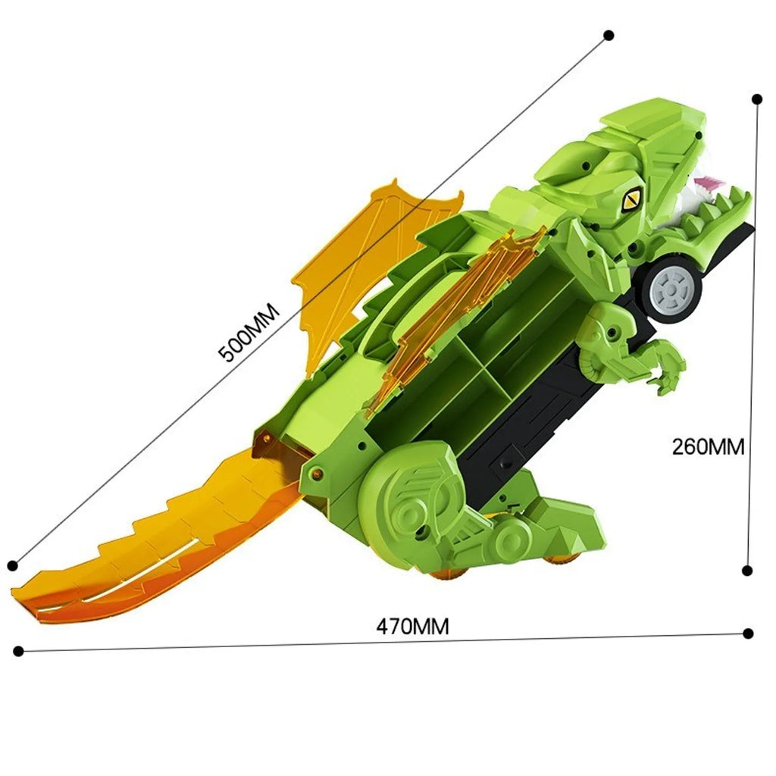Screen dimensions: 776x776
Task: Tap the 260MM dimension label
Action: pyautogui.click(x=709, y=447)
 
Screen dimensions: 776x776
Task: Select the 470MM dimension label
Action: pyautogui.click(x=413, y=627)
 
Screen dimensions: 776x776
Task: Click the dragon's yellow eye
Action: pyautogui.click(x=631, y=200)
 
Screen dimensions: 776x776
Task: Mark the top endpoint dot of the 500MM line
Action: pyautogui.click(x=609, y=35)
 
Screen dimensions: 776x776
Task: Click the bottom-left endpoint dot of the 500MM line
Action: pyautogui.click(x=13, y=565)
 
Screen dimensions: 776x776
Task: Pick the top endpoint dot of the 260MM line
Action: pyautogui.click(x=757, y=99)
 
